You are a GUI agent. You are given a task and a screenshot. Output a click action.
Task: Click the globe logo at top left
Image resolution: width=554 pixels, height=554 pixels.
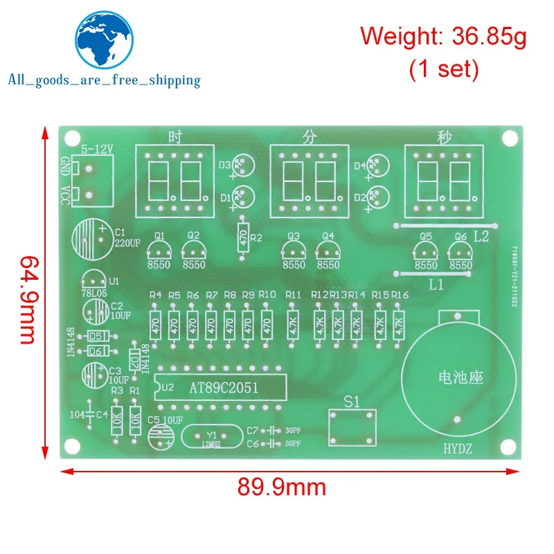(x=103, y=39)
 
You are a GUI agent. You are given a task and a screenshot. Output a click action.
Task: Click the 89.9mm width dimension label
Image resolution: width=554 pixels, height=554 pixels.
(x=282, y=488)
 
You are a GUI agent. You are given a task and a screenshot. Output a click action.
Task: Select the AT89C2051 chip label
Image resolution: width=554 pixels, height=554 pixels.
(x=224, y=388)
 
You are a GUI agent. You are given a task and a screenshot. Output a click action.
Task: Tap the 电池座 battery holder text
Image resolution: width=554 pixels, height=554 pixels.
(x=461, y=378)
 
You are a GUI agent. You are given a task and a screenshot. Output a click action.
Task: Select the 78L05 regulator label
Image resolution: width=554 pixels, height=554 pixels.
(x=96, y=294)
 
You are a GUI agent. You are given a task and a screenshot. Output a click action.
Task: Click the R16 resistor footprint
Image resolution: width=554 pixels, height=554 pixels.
(x=398, y=323)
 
